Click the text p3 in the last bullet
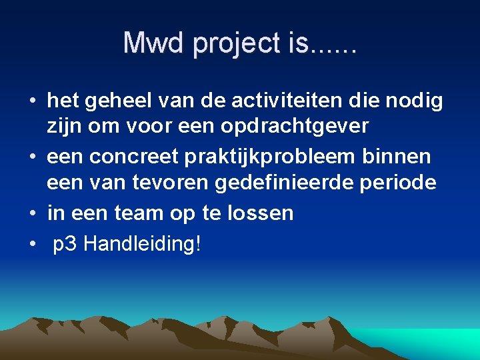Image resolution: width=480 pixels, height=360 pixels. (x=65, y=245)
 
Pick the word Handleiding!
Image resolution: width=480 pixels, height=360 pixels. (x=142, y=244)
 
